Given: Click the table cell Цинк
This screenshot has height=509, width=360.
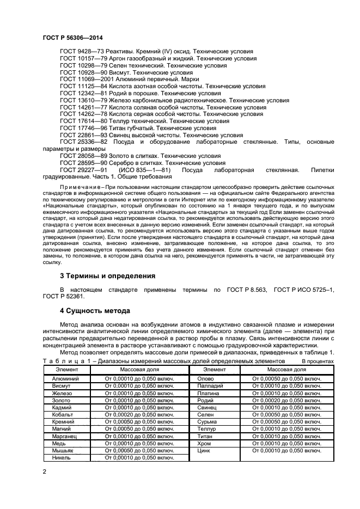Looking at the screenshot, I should click(204, 451).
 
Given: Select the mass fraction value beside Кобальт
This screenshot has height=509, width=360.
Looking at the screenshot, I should click(141, 414).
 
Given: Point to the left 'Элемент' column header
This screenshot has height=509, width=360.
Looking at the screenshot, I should click(66, 370).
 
